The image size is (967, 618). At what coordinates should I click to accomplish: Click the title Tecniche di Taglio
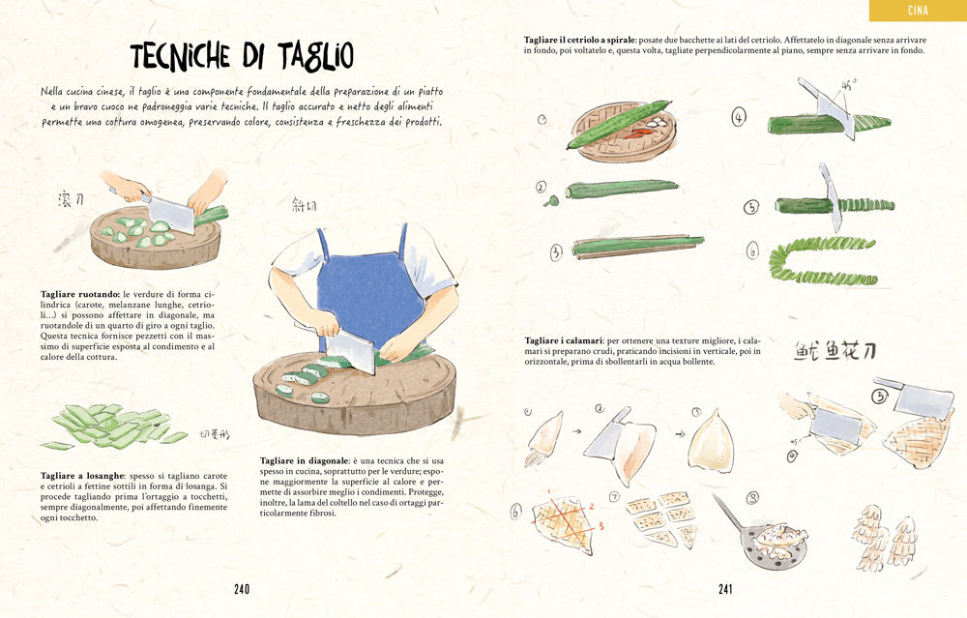coord(241,56)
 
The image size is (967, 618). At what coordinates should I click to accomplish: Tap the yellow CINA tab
coord(918,11)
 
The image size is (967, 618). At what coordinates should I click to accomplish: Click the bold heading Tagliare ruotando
coord(79,293)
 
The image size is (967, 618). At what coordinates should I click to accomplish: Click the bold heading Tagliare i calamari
coord(563,341)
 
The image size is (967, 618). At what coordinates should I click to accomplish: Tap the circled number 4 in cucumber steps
coord(739,119)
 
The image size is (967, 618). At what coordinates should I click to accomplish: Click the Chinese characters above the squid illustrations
coord(835,350)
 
